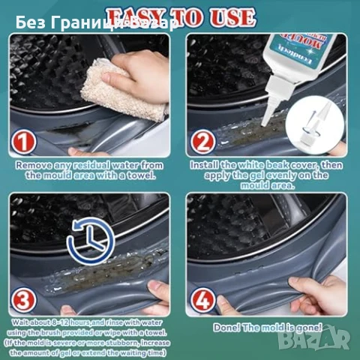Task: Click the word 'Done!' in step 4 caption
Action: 233,327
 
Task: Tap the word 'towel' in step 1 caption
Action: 142,175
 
